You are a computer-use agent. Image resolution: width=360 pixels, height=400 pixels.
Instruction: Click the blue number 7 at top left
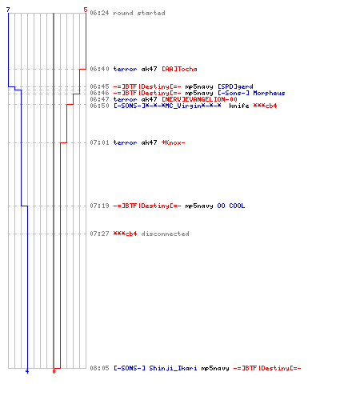(x=8, y=10)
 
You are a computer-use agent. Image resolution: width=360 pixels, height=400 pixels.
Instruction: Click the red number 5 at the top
(x=86, y=10)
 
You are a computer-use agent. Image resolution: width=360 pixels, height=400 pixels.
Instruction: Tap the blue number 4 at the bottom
(x=27, y=371)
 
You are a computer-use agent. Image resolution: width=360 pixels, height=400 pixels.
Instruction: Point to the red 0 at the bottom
(x=54, y=371)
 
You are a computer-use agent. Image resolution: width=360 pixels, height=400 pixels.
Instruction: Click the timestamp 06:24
(x=99, y=13)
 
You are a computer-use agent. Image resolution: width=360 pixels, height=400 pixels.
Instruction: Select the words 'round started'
(x=139, y=13)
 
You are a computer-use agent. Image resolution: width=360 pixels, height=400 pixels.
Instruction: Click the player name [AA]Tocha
(x=179, y=69)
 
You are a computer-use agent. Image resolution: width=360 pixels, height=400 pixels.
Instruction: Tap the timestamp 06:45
(x=99, y=86)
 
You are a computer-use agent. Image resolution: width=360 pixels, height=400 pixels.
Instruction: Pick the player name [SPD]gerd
(x=235, y=86)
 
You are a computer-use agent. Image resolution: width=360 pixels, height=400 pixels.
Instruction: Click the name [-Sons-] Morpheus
(x=251, y=93)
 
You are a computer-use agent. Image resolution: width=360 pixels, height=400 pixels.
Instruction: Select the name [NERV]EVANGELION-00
(x=199, y=99)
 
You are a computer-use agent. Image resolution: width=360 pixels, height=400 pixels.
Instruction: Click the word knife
(x=239, y=106)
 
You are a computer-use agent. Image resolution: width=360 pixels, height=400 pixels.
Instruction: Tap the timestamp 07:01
(x=99, y=142)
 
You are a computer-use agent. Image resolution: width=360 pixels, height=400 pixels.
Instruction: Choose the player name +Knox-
(x=174, y=142)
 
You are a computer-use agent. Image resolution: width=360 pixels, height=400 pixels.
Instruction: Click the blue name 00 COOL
(x=231, y=206)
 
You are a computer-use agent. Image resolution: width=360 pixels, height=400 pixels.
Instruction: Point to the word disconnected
(x=165, y=234)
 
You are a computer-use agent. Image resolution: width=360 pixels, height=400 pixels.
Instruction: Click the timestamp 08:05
(x=99, y=368)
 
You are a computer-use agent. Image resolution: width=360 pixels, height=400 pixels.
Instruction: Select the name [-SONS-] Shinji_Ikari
(x=155, y=368)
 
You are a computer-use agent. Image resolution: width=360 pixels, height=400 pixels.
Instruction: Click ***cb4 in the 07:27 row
(x=125, y=234)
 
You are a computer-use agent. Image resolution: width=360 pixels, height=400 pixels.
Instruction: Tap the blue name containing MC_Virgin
(x=167, y=106)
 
